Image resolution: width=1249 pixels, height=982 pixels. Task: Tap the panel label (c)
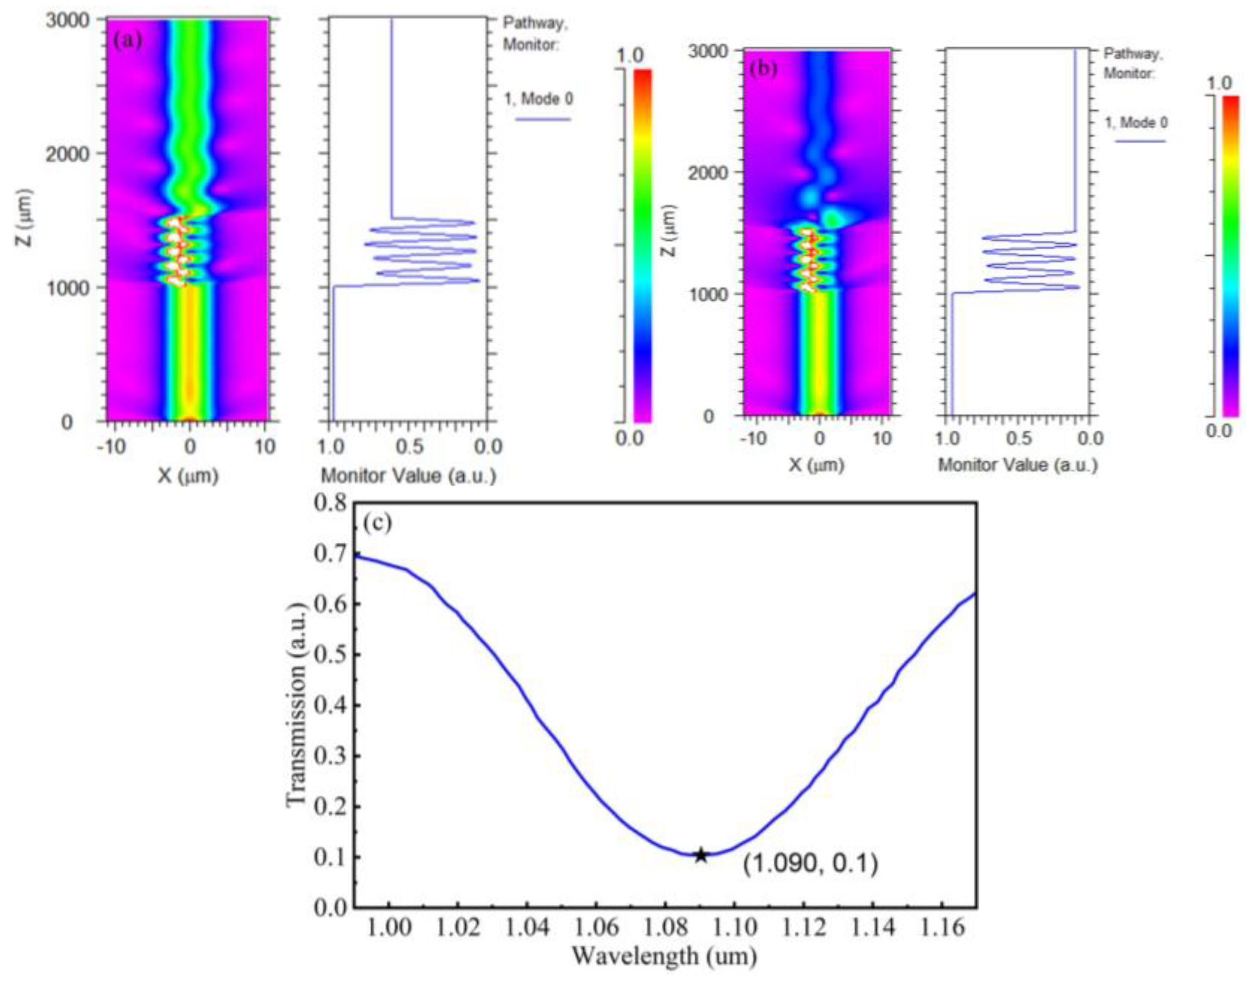tap(378, 523)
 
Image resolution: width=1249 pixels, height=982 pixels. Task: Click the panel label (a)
tap(128, 40)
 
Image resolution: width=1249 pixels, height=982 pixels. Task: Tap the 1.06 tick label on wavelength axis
tap(596, 927)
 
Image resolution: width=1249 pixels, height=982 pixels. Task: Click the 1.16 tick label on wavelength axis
tap(941, 927)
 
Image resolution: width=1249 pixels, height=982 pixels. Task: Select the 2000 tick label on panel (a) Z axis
tap(67, 154)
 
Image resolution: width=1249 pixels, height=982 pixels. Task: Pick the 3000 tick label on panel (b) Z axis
tap(709, 52)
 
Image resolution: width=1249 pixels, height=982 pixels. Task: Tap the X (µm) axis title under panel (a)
tap(188, 475)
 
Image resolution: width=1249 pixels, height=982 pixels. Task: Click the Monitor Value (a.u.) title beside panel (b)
tap(1017, 465)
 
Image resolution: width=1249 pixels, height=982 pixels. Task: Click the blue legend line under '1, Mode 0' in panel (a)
tap(542, 119)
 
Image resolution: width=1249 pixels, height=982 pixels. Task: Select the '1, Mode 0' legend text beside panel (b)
tap(1136, 122)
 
